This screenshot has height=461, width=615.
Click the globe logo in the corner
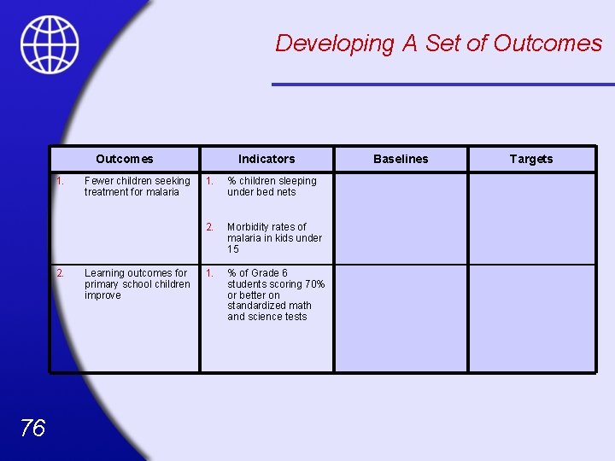pos(50,44)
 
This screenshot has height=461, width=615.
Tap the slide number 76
pos(32,428)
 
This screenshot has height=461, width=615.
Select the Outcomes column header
pos(125,159)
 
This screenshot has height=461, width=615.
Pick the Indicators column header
pos(266,159)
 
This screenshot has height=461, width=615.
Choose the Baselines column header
pos(401,159)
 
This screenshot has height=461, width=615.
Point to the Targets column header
pos(531,159)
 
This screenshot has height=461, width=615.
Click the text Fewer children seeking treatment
pos(137,186)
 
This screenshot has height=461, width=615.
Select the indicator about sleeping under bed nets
pos(272,186)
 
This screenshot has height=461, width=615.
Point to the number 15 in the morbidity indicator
pos(233,249)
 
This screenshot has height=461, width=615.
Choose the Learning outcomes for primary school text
pos(137,278)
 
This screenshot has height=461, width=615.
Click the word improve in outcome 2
pos(102,295)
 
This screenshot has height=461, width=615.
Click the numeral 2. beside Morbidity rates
pos(208,227)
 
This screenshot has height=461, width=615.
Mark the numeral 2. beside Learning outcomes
pos(60,273)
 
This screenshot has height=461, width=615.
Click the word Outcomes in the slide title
pos(548,43)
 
